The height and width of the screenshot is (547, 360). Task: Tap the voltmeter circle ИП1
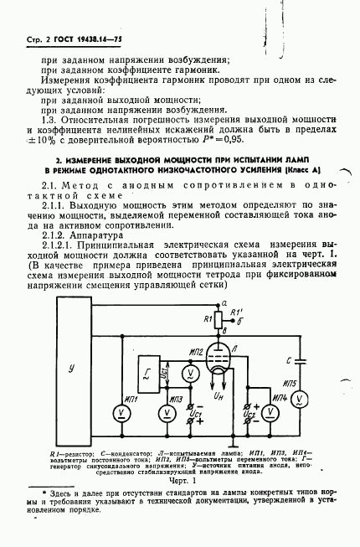coord(122,413)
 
